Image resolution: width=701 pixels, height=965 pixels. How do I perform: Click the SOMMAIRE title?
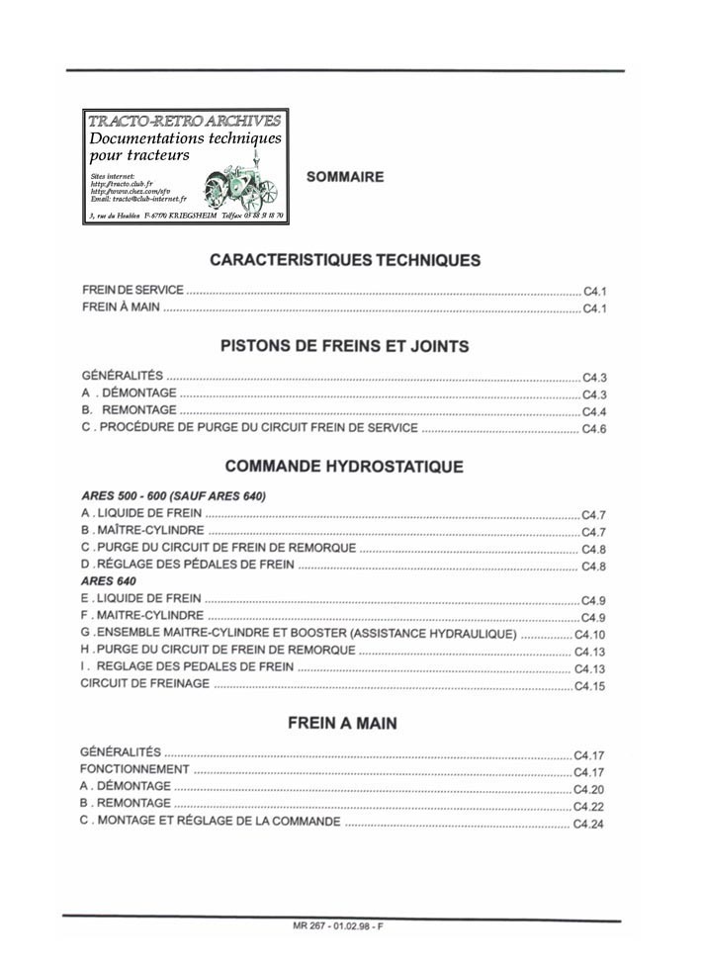coord(345,177)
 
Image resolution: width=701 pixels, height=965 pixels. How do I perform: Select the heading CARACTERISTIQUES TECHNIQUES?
coord(345,260)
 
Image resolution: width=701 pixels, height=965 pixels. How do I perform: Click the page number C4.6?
coord(593,429)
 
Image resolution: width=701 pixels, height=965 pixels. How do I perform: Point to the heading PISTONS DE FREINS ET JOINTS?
coord(344,347)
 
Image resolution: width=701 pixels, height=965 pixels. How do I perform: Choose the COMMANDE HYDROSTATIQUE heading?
coord(344,467)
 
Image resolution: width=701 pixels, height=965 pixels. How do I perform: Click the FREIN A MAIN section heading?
coord(342,723)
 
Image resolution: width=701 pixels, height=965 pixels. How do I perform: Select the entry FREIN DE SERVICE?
coord(132,290)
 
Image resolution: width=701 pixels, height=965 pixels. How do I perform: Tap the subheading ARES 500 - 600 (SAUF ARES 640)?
coord(174,495)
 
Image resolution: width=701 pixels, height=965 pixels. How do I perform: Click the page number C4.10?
coord(589,635)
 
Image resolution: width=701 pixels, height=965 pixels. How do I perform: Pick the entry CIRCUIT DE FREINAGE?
coord(144,684)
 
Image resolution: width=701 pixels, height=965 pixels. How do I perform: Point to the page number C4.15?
coord(589,685)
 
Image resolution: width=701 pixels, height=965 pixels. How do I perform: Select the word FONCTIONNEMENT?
coord(134,769)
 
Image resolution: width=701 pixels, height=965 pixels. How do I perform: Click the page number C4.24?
coord(588,824)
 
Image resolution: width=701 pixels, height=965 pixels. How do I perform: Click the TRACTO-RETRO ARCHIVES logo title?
coord(185,121)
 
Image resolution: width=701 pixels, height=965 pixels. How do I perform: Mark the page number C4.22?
coord(588,806)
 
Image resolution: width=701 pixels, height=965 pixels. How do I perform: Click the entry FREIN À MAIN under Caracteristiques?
coord(121,308)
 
